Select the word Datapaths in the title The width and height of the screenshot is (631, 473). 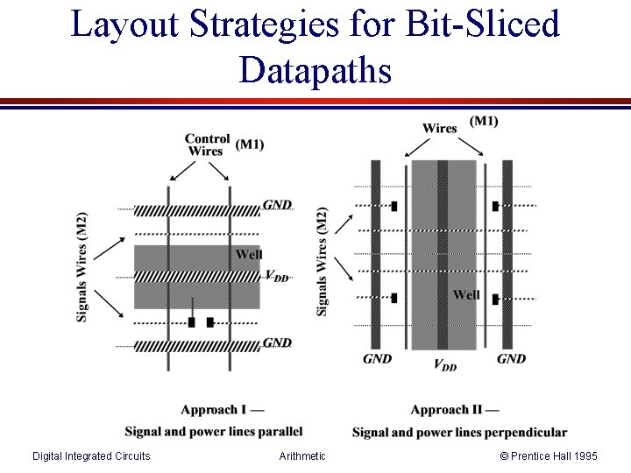(315, 69)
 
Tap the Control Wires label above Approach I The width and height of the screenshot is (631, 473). (207, 145)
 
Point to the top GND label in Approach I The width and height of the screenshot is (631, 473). (277, 205)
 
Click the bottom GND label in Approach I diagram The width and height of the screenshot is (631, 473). (277, 342)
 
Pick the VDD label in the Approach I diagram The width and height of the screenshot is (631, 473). (277, 275)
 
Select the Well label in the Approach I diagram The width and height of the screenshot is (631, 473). (249, 255)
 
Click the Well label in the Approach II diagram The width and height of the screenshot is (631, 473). (466, 295)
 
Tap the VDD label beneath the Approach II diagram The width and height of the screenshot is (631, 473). (445, 364)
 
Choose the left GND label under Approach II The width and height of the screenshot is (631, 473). (378, 358)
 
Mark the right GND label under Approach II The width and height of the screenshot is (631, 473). (511, 358)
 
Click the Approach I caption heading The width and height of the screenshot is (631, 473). (223, 410)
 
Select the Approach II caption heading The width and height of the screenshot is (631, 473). (455, 410)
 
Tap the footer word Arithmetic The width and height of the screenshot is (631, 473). (302, 455)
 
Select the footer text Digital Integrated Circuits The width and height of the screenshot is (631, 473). (91, 455)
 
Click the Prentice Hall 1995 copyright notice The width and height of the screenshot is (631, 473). (549, 455)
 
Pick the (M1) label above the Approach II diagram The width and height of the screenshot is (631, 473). (484, 122)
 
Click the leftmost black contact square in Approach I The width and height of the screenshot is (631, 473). (191, 322)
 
